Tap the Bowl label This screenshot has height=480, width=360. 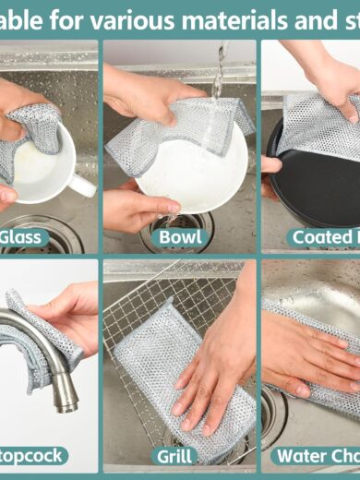pos(180,237)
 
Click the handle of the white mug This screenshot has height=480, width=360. pos(83,184)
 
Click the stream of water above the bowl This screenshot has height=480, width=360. pos(218,74)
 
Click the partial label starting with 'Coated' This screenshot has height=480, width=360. pos(323,237)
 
